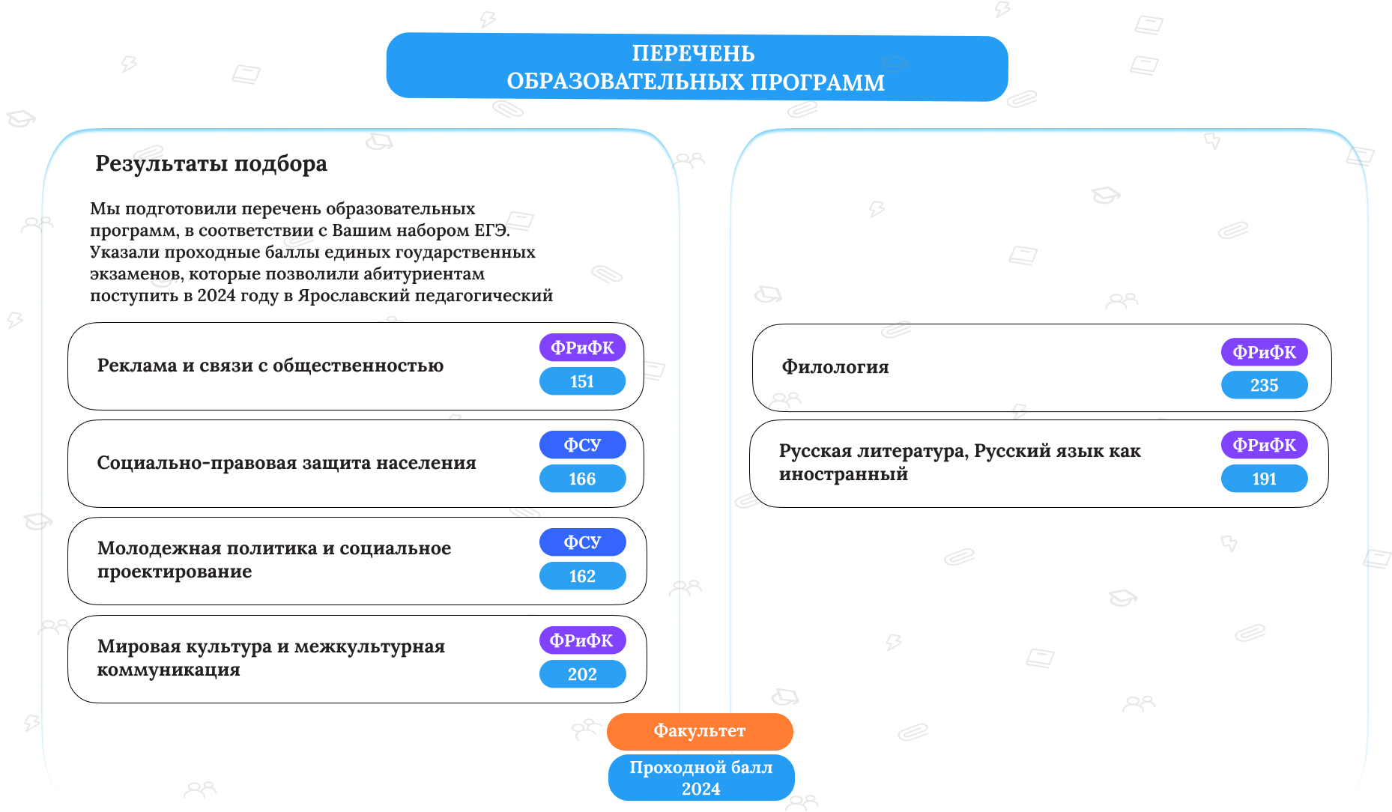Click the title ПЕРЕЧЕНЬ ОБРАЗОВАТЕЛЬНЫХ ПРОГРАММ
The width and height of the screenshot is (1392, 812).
click(x=695, y=67)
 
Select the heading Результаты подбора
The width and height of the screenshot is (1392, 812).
click(x=211, y=163)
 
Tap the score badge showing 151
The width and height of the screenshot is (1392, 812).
click(x=582, y=381)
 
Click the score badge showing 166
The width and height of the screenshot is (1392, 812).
click(x=582, y=479)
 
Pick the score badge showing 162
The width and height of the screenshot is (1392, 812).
click(x=582, y=576)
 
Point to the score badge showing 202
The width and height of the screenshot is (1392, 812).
click(x=582, y=674)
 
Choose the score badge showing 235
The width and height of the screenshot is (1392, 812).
click(x=1264, y=385)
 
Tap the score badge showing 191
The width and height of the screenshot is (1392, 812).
click(x=1264, y=479)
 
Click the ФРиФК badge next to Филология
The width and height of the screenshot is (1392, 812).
click(x=1264, y=352)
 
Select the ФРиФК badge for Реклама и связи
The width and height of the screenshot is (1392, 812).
click(x=582, y=348)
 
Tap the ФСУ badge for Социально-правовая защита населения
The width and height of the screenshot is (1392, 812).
click(x=582, y=445)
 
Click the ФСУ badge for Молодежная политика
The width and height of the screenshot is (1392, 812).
click(x=582, y=542)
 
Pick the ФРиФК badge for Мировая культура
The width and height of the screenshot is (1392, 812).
click(x=582, y=640)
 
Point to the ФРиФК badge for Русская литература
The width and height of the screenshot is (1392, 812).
click(x=1264, y=445)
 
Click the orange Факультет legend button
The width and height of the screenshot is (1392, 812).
click(x=700, y=731)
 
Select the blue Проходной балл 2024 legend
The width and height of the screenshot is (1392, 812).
click(x=701, y=778)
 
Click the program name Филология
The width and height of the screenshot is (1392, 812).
click(x=835, y=367)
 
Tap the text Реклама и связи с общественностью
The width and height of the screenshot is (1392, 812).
click(x=270, y=366)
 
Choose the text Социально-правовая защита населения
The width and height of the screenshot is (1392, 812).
click(x=287, y=463)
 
